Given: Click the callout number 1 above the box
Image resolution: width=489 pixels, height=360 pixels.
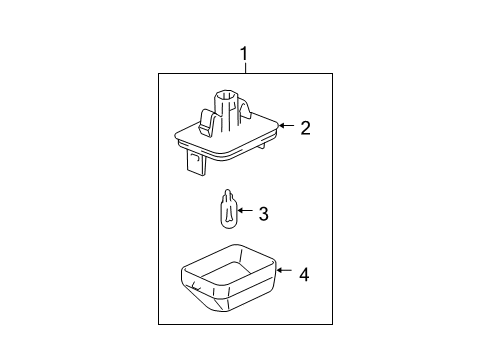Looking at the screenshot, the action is [244, 53].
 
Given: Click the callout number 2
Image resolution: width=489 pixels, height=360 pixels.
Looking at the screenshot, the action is [305, 128].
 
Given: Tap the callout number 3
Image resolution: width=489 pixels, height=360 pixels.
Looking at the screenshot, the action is [263, 214].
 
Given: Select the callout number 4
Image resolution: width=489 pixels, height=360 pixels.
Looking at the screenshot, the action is [304, 275].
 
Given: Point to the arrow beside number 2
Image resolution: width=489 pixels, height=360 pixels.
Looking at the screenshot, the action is [286, 125].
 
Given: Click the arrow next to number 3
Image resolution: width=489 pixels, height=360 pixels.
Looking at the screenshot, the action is [245, 210].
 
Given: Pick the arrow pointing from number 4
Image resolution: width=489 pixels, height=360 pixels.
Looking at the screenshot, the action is [284, 270].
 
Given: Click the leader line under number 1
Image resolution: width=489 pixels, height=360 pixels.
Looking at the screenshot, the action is [246, 67].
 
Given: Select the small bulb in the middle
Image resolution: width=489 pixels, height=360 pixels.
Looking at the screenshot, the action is [227, 209].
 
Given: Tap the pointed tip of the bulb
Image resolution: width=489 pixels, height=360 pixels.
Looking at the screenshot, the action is [228, 190].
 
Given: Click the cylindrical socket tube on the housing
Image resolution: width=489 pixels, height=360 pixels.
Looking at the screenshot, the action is [226, 107].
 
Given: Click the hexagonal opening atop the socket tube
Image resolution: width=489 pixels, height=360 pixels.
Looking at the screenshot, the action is [226, 96].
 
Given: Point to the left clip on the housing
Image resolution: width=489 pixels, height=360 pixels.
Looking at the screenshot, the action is [207, 123].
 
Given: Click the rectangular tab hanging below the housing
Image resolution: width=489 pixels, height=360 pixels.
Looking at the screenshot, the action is [196, 162].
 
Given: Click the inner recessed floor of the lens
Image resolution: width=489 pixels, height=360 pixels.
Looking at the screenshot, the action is [227, 271].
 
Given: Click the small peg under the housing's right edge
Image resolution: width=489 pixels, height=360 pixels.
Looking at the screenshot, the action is [262, 146].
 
